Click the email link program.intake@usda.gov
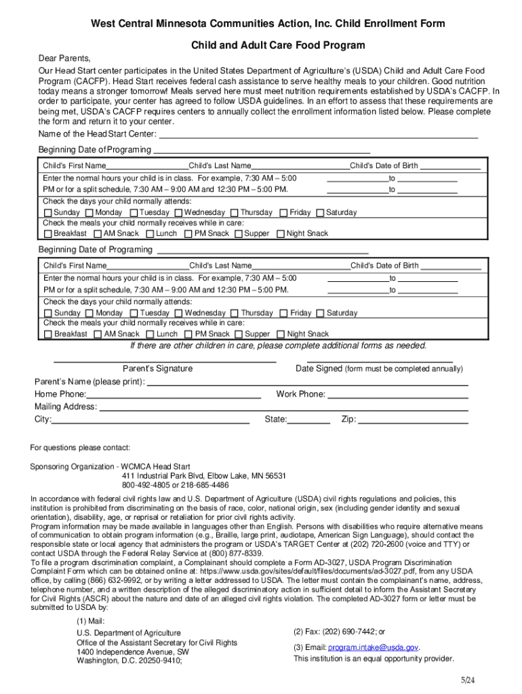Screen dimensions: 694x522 (x=373, y=647)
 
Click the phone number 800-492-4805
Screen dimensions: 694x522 (x=146, y=485)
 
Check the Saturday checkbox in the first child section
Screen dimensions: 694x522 (x=321, y=213)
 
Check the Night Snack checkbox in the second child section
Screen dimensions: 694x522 (x=281, y=334)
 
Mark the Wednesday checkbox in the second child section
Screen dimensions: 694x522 (x=179, y=313)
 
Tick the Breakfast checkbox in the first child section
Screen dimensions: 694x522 (x=47, y=234)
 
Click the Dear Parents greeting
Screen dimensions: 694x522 (x=64, y=58)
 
